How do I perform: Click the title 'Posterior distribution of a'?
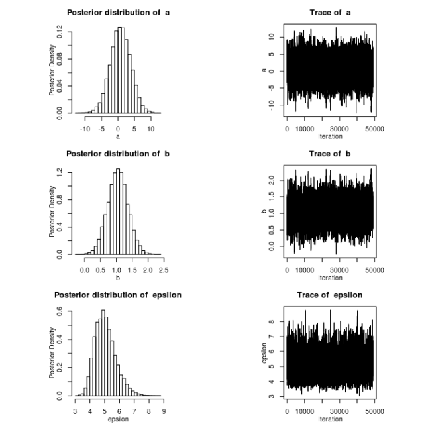point(117,13)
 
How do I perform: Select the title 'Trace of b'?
point(329,154)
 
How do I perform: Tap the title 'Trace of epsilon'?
point(329,295)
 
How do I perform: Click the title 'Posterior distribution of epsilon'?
point(117,295)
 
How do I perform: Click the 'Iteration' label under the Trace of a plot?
point(329,137)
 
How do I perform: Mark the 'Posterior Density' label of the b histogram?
point(52,210)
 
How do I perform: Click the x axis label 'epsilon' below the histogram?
point(117,419)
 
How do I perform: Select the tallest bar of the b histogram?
point(118,211)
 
